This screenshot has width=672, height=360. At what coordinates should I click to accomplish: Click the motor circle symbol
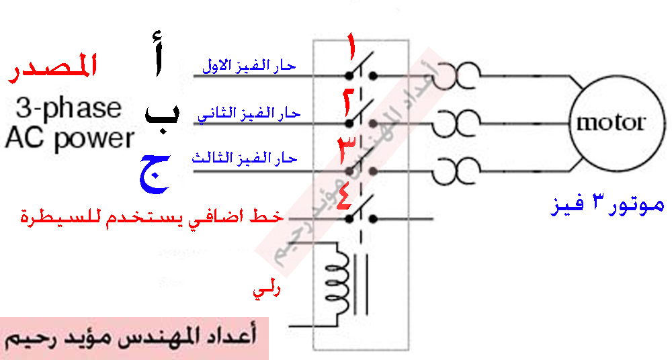click(610, 124)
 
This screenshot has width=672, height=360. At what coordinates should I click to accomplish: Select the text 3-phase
click(69, 108)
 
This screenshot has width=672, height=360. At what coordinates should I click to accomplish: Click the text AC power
click(69, 138)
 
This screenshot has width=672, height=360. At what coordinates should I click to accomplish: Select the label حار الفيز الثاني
click(248, 114)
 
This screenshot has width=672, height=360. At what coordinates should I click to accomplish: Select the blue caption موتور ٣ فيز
click(607, 206)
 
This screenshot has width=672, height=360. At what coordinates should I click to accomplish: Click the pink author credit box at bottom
click(134, 339)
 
